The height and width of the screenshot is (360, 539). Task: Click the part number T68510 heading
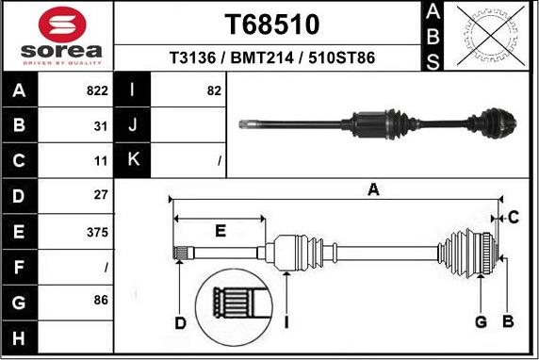(x=273, y=24)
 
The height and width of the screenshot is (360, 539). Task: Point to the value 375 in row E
(x=98, y=232)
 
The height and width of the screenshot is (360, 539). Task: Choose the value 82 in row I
(x=213, y=91)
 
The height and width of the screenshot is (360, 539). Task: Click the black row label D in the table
(x=19, y=197)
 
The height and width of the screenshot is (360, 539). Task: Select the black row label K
(x=132, y=160)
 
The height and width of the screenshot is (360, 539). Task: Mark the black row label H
(x=19, y=336)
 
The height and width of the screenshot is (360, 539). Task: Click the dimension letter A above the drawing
(x=374, y=190)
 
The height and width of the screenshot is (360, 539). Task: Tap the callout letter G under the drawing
(x=481, y=322)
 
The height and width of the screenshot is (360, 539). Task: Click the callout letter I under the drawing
(x=286, y=323)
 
